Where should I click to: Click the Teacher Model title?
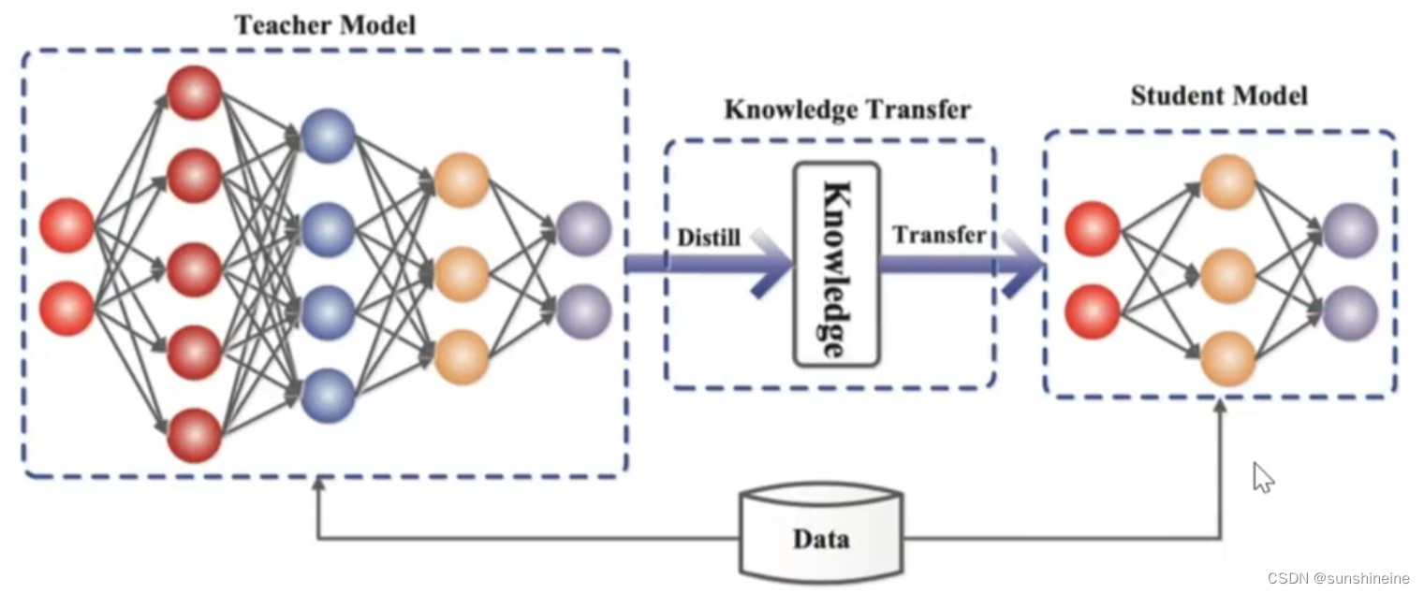(325, 24)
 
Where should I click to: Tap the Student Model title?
(1218, 95)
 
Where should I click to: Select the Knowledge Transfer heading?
(847, 109)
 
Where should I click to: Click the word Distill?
(709, 238)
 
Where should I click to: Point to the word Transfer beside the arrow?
(938, 235)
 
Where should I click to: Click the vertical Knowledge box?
(836, 264)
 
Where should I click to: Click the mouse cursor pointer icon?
(1262, 477)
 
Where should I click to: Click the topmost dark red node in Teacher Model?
(194, 94)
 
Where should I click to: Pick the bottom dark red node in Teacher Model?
(194, 435)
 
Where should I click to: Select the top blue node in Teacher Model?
(328, 137)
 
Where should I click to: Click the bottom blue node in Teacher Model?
(328, 395)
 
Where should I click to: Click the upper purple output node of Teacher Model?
(583, 228)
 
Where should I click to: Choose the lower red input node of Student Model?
(1092, 311)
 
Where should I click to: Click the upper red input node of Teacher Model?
(66, 226)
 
